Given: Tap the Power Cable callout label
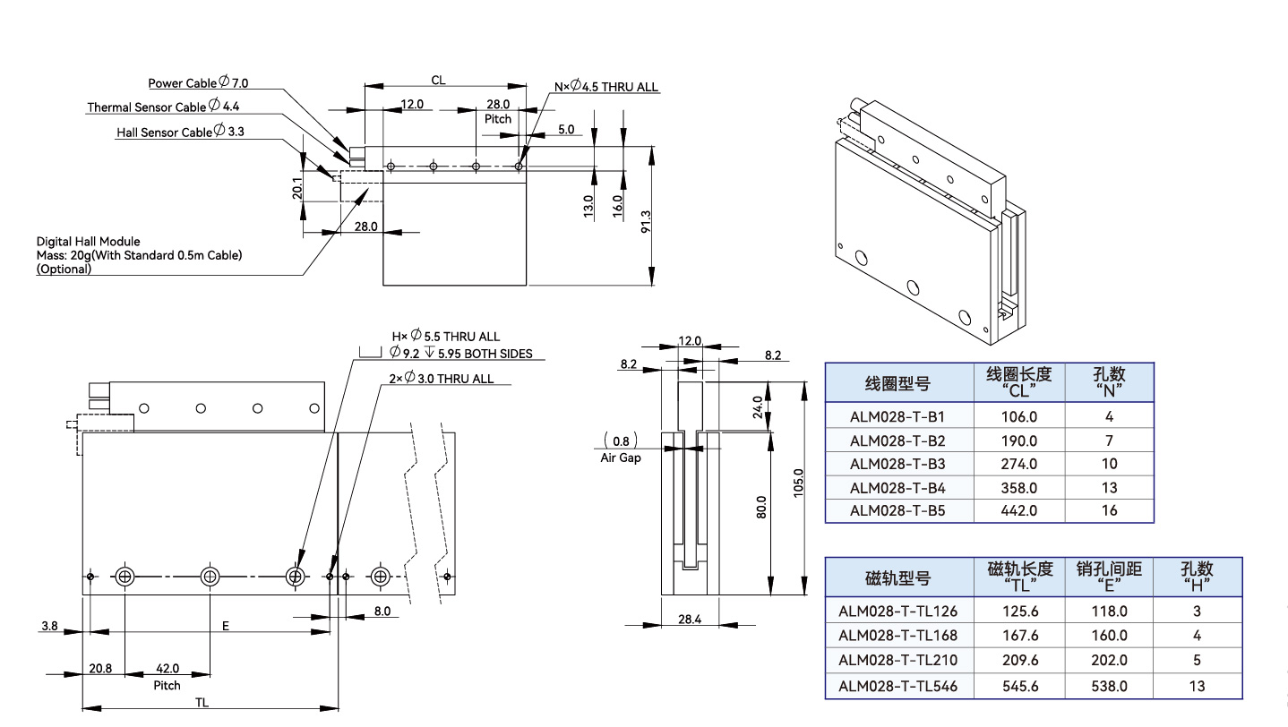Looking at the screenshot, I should tap(198, 83).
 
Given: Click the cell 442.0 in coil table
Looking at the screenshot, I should tap(1019, 510).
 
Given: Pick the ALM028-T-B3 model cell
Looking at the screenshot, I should tap(897, 464).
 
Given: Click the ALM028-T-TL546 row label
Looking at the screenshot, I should tap(897, 686).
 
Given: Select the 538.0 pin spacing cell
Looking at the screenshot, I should tap(1109, 686).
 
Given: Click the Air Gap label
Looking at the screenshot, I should tap(620, 458).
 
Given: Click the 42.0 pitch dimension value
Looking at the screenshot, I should tap(167, 668).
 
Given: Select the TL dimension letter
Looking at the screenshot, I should tap(202, 703).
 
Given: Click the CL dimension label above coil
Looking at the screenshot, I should tap(438, 80).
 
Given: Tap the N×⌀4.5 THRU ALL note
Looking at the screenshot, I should tap(605, 87).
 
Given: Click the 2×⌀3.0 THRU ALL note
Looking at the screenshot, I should tap(442, 379).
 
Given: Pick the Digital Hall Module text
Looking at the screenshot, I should tap(88, 242).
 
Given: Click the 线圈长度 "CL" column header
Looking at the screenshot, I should tap(1019, 381).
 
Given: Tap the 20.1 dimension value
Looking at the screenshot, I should tap(297, 189).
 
